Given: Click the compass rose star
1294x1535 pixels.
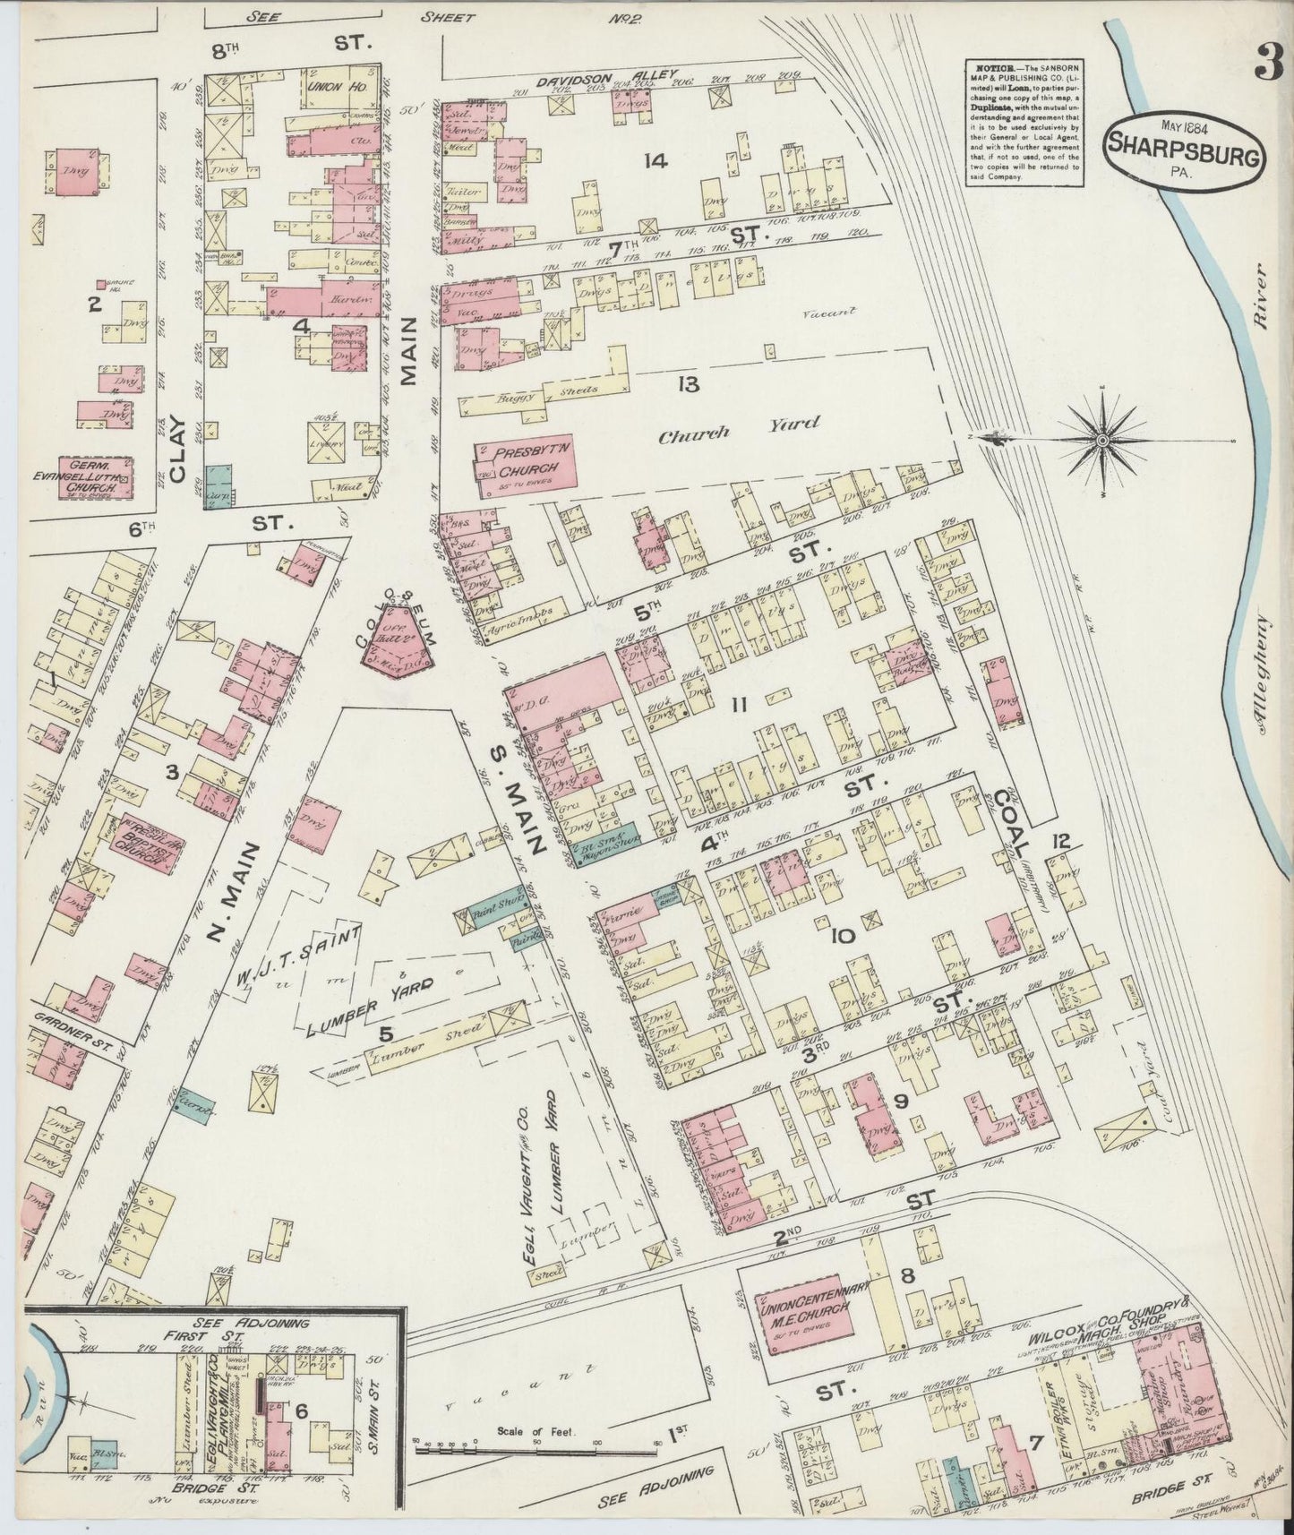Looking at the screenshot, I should [x=1103, y=440].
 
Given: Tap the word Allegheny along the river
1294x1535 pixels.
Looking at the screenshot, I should [x=1264, y=672].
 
